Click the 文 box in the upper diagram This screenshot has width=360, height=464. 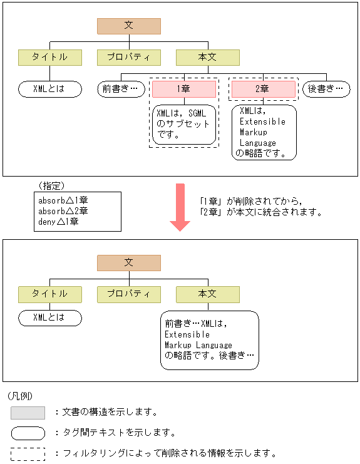tap(129, 26)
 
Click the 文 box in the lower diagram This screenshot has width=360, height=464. tap(129, 263)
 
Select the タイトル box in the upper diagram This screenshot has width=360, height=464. tap(50, 58)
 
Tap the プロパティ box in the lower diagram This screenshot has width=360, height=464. tap(129, 294)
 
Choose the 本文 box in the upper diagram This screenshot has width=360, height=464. tap(207, 58)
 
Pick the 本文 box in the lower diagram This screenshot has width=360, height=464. tap(207, 294)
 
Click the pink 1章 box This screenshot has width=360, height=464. tap(184, 89)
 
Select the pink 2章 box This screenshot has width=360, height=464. tap(262, 89)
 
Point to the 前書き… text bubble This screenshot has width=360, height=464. tap(120, 89)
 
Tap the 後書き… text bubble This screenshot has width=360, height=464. tap(326, 89)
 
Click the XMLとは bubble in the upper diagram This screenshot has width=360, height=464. tap(50, 89)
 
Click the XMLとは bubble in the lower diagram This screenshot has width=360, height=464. tap(50, 317)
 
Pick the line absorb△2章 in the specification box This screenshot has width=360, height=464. tap(63, 210)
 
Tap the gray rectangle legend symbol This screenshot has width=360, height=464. tap(28, 413)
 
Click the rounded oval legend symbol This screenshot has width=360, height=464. tap(28, 433)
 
